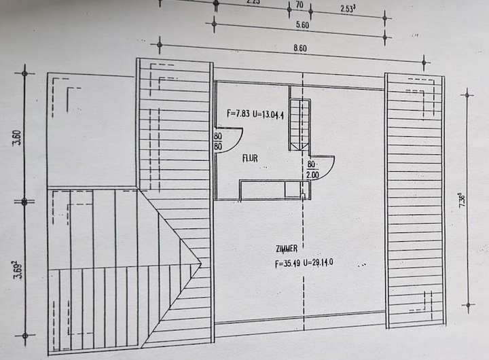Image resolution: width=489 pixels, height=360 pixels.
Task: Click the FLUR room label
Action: (250, 158)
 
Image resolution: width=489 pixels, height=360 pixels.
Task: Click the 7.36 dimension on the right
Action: (461, 202)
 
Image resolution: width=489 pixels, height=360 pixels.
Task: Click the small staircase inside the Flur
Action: (299, 124)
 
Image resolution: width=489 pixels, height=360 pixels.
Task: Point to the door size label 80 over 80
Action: (219, 140)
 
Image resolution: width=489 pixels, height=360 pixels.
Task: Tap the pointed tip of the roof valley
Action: (201, 264)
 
